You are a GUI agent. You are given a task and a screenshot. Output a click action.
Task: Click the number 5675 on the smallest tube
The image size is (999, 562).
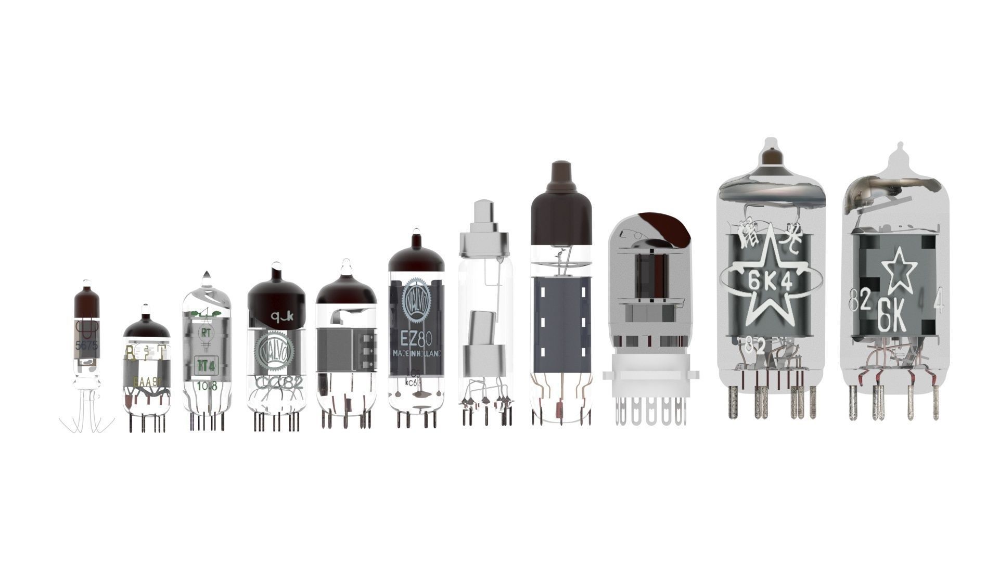(86, 345)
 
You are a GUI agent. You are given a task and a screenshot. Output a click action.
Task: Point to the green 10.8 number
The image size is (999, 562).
(207, 386)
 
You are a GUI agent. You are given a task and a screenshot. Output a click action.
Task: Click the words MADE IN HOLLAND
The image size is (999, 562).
(416, 353)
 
